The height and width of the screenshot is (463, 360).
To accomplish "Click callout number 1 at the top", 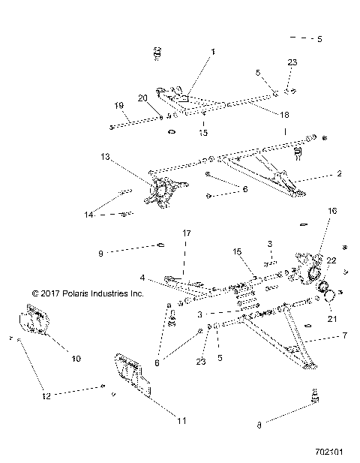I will pyautogui.click(x=212, y=52).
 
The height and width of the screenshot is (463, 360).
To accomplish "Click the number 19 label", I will pyautogui.click(x=118, y=105).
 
